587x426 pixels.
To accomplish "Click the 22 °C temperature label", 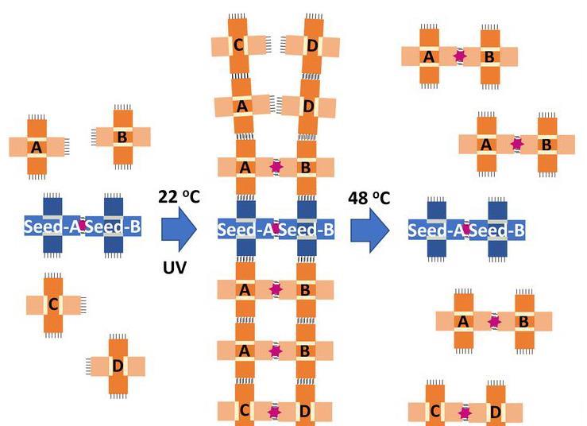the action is tap(179, 196).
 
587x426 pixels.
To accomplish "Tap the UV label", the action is tap(175, 268).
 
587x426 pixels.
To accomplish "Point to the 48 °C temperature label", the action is tap(369, 198).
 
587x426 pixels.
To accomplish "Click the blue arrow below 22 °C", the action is tap(179, 230).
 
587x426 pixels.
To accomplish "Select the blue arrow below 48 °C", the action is tap(370, 230).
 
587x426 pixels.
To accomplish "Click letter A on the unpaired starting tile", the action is tap(37, 148).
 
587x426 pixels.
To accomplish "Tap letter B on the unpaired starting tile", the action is tap(122, 137).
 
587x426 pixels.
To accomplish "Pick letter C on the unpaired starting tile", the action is tap(53, 304).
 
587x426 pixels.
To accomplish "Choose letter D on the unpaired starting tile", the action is tap(118, 366).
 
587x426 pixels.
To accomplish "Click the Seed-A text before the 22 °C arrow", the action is tap(52, 227).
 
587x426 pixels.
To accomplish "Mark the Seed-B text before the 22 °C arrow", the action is tap(113, 227).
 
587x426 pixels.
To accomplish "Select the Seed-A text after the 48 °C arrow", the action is tap(436, 230).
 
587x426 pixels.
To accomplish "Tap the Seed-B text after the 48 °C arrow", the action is tap(497, 230).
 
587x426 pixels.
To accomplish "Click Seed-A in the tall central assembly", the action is tap(245, 230).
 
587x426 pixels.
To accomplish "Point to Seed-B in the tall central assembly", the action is tap(307, 230).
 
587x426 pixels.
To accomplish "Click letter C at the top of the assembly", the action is tap(238, 45).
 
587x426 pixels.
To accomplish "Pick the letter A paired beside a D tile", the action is tap(242, 106).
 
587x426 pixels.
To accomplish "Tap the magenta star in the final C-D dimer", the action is tap(465, 413).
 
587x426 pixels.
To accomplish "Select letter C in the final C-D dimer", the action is tap(434, 412).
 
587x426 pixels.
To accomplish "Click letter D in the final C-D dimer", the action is tap(496, 412).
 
